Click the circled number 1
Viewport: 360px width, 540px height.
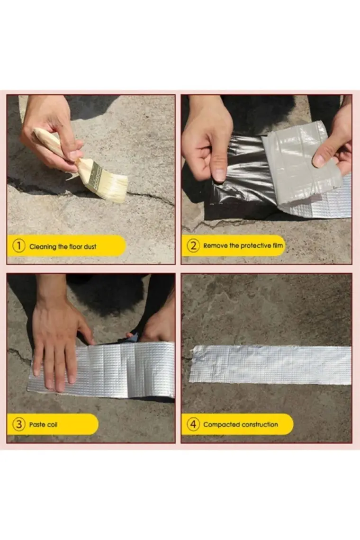19,246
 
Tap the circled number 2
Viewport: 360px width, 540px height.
193,245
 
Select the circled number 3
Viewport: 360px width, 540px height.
19,424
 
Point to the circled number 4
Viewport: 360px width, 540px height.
193,424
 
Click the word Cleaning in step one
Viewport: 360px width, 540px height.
43,247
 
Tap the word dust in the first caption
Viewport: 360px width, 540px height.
90,247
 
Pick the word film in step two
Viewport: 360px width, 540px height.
278,245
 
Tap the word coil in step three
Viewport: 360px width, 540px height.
52,424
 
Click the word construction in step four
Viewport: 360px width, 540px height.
258,424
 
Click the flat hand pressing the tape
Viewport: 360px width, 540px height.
59,344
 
